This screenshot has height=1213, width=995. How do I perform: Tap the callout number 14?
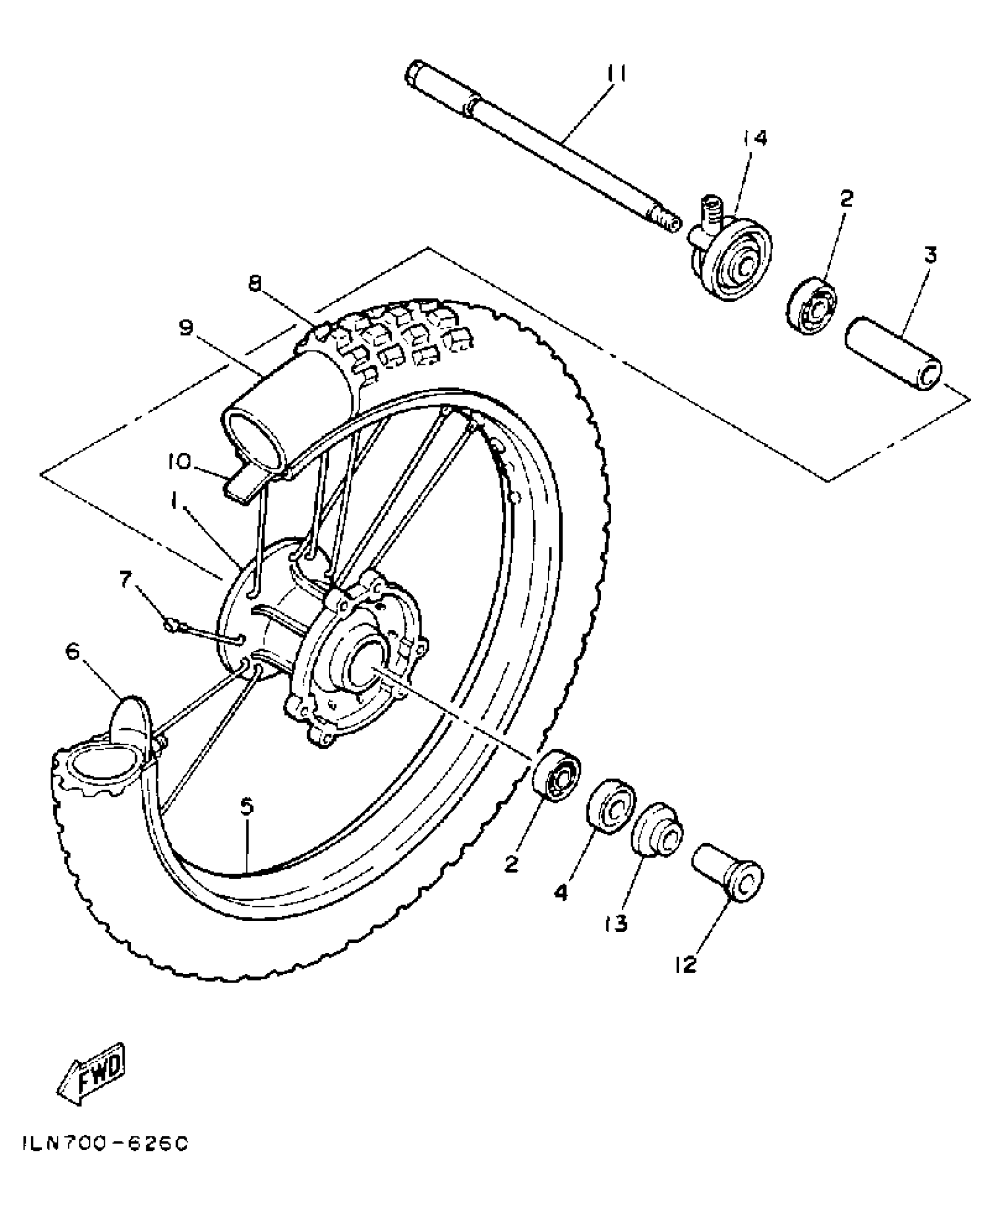[755, 139]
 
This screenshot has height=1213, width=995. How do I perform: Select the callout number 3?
[931, 255]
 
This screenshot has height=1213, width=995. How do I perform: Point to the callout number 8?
[253, 284]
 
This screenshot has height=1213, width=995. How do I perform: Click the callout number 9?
[186, 328]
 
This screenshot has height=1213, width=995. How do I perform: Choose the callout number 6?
[72, 652]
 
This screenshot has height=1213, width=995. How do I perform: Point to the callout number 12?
[685, 965]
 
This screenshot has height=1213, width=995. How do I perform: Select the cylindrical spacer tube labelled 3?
[893, 355]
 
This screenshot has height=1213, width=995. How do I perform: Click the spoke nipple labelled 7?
[171, 626]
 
